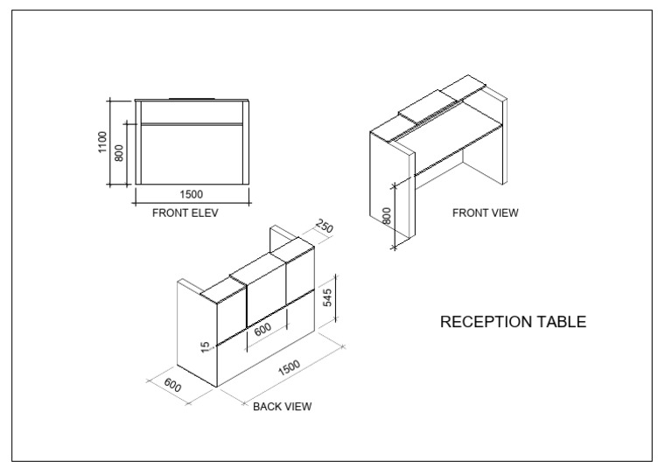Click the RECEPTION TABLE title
pos(513,322)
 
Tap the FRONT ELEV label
pos(185,213)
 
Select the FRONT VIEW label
pos(485,213)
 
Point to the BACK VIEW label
pos(282,407)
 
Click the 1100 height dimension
pos(102,143)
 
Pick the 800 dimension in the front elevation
pos(120,153)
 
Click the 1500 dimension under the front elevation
pos(191,194)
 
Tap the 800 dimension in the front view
pos(387,216)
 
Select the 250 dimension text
pos(324,227)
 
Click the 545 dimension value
pos(327,297)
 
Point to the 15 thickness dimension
pos(206,346)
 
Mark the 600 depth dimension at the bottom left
pos(172,386)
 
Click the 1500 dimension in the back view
pos(289,368)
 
